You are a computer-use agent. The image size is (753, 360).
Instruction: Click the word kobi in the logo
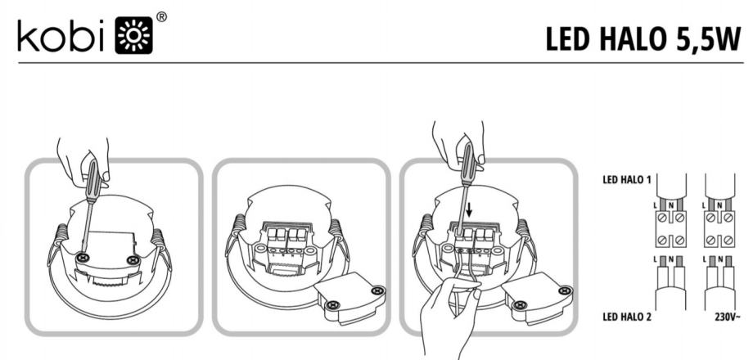[x=61, y=35]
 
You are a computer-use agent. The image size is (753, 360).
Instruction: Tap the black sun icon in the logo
[x=134, y=35]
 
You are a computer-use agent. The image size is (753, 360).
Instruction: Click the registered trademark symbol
[x=162, y=17]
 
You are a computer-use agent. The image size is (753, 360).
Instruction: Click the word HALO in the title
[x=634, y=39]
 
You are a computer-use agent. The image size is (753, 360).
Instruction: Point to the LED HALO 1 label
[x=627, y=180]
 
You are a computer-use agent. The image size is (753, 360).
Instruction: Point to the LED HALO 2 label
[x=627, y=317]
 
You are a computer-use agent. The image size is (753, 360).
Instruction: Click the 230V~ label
[x=728, y=317]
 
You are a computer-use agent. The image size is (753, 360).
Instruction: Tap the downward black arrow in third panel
[x=469, y=209]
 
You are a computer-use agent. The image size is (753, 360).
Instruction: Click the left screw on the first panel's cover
[x=83, y=258]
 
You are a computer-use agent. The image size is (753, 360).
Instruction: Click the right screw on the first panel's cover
[x=133, y=261]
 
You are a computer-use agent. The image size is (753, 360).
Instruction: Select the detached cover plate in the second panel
[x=350, y=296]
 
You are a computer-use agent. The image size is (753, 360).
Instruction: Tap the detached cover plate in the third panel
[x=538, y=296]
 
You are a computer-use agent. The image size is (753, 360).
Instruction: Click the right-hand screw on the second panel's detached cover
[x=378, y=290]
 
